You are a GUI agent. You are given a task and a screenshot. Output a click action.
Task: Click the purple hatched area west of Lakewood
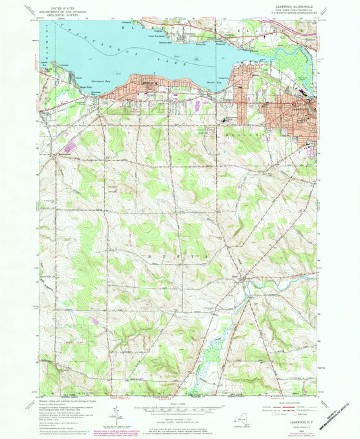[x=70, y=146]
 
